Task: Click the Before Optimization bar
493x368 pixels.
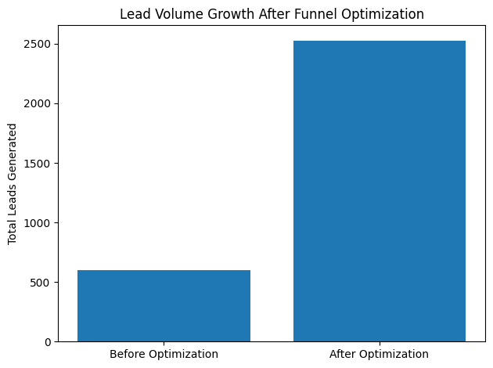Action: click(x=164, y=306)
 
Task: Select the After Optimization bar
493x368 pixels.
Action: click(x=380, y=191)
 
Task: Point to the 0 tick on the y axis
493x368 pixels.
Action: click(x=49, y=342)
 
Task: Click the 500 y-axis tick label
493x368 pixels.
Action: click(x=43, y=283)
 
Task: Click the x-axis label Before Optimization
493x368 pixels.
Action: click(x=164, y=354)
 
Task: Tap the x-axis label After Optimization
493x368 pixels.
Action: click(x=380, y=354)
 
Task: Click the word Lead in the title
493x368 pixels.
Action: click(x=134, y=13)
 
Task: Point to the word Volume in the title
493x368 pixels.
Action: click(x=171, y=13)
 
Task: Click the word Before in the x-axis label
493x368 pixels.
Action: click(x=128, y=354)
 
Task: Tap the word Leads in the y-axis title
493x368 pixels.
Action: click(x=13, y=195)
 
